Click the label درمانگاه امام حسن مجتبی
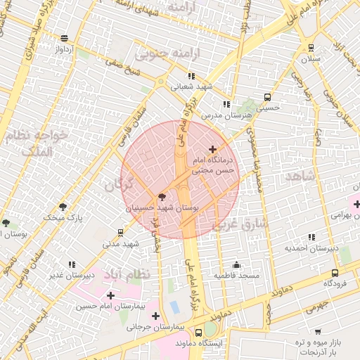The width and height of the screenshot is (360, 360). coord(217,165)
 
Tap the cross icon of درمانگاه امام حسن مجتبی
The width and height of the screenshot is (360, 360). coord(212,149)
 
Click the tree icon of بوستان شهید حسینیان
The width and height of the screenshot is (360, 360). coord(162,198)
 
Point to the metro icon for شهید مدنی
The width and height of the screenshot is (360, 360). coord(120,233)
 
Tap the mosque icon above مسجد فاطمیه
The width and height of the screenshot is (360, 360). coord(236,265)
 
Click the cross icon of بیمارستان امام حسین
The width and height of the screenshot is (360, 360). coord(110,295)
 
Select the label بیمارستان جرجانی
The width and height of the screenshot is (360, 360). coord(159,328)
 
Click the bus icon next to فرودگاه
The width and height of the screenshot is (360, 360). coord(335,273)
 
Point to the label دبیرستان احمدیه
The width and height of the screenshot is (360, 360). coord(312,248)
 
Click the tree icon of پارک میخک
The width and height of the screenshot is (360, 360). coord(64,207)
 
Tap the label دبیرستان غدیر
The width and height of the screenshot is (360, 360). coord(72,275)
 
